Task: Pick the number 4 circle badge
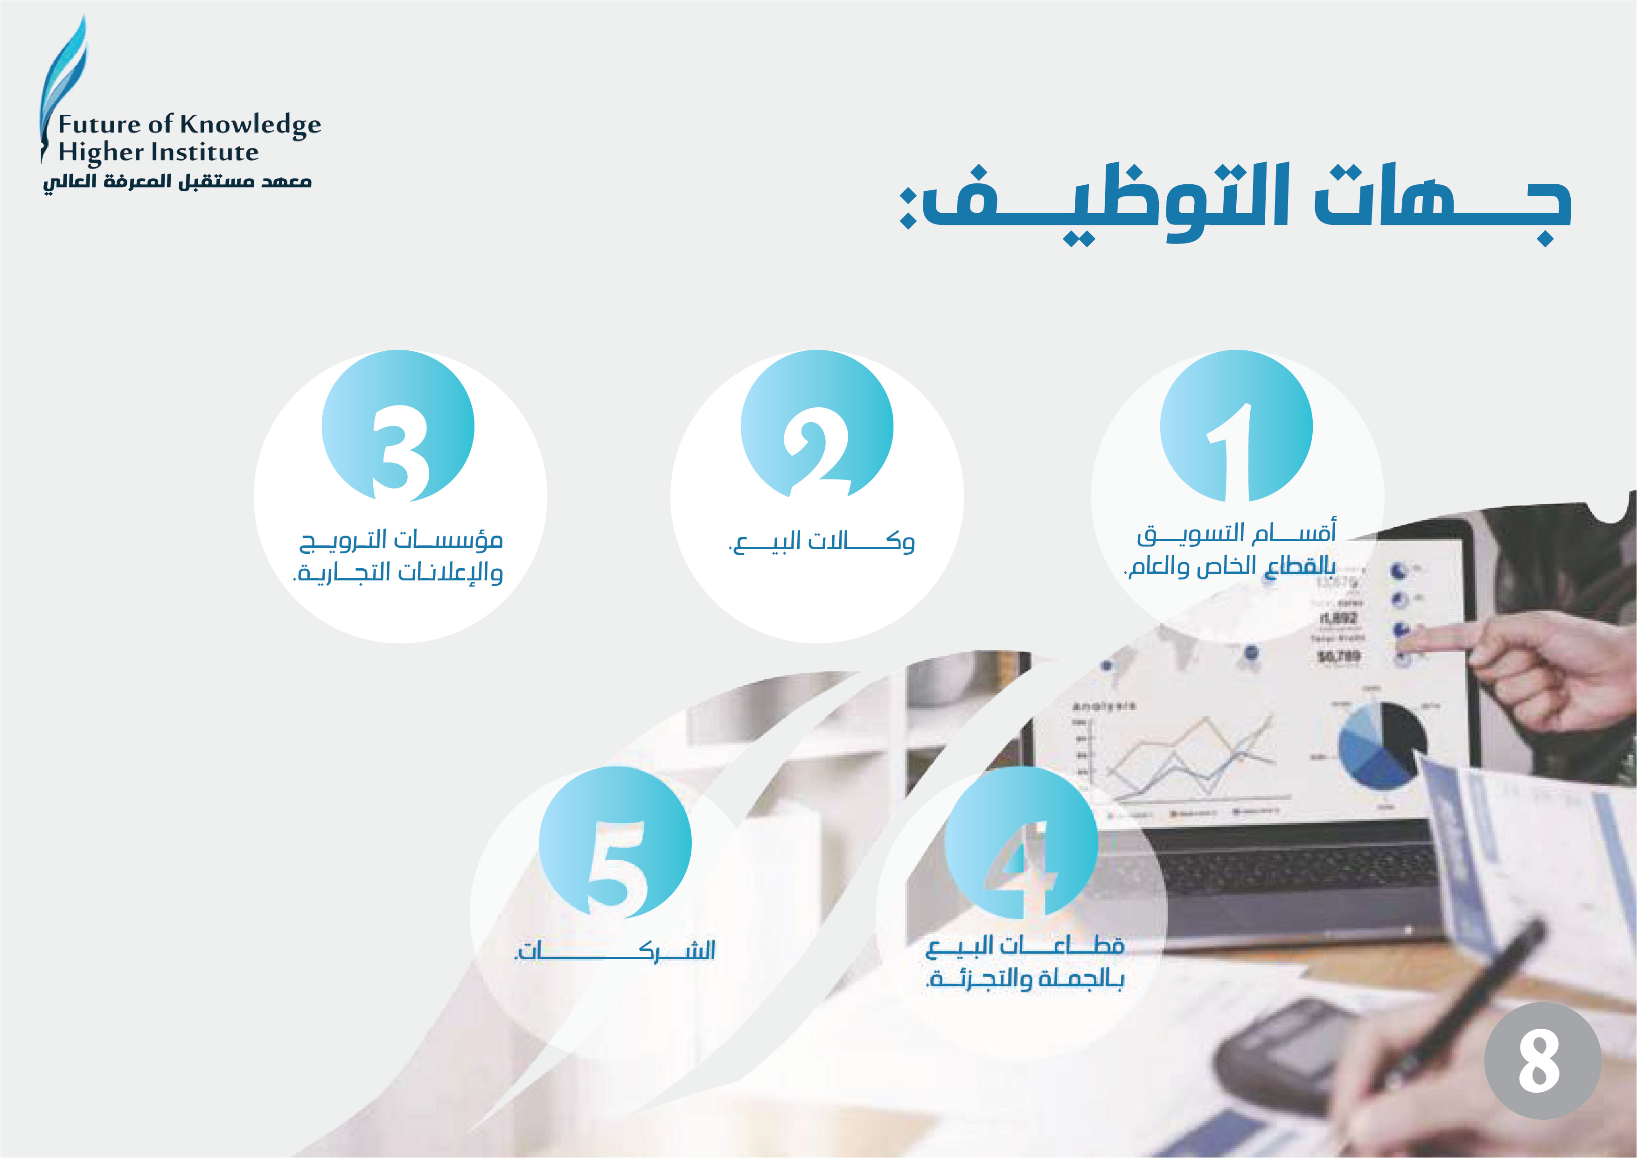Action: (x=1021, y=842)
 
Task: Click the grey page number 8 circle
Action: (x=1543, y=1060)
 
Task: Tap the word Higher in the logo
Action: (x=101, y=153)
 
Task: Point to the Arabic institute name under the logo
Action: (x=177, y=182)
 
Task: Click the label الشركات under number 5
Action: (x=614, y=950)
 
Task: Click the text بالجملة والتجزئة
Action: (x=1024, y=978)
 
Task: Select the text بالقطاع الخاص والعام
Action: (x=1229, y=566)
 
